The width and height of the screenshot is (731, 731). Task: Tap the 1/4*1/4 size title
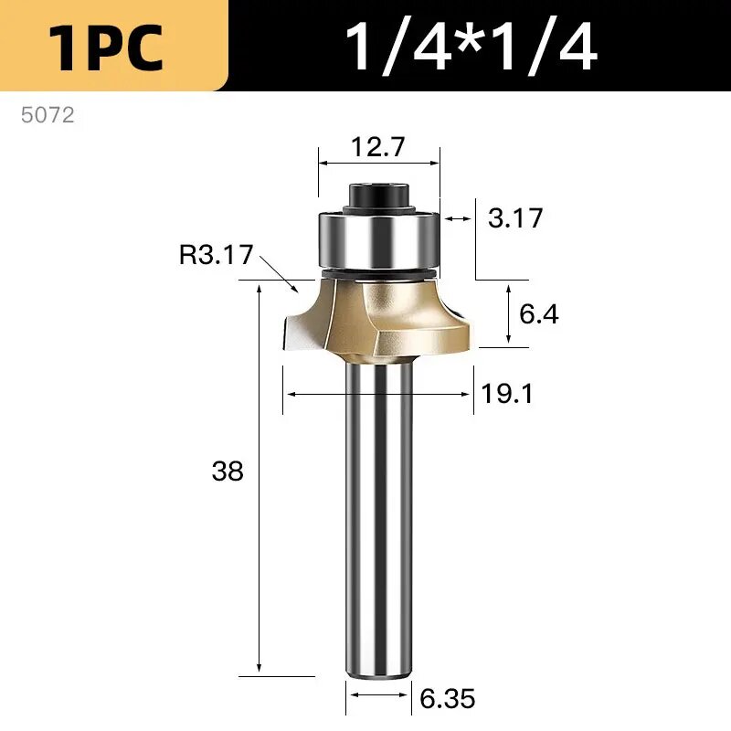(x=471, y=47)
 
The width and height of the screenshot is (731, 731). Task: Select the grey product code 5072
(x=48, y=115)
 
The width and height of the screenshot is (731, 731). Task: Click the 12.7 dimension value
(x=378, y=147)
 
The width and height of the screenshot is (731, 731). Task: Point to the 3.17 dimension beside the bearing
(x=515, y=218)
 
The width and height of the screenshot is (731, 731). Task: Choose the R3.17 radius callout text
(x=217, y=255)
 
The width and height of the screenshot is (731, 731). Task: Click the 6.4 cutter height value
(x=539, y=313)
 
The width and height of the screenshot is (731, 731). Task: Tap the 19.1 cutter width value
(x=506, y=394)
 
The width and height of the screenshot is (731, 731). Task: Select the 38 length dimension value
(x=228, y=471)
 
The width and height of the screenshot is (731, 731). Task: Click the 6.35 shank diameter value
(x=448, y=698)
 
